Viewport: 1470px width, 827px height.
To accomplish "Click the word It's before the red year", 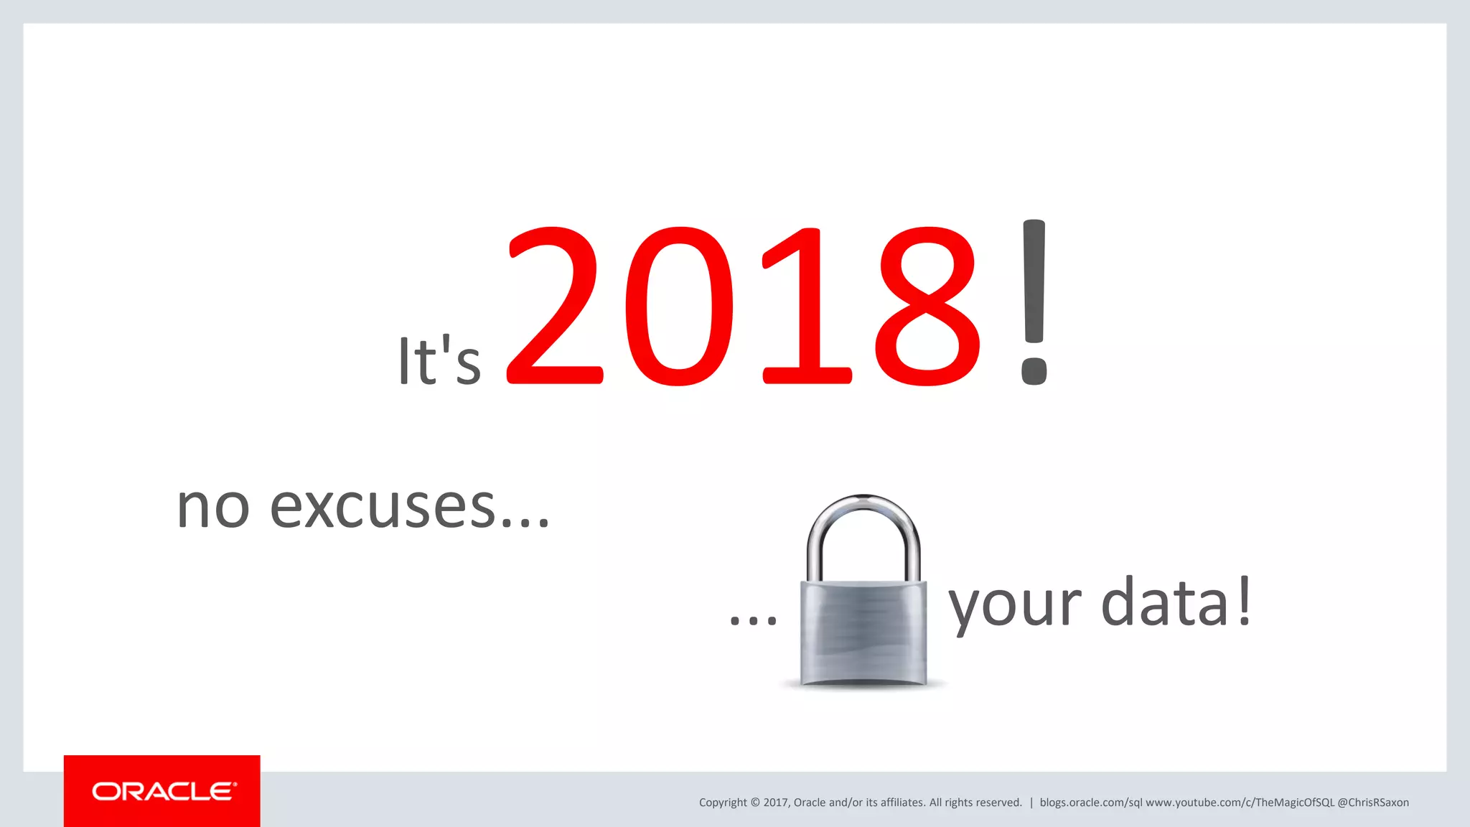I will click(439, 360).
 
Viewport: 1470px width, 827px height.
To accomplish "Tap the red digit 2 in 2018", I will click(554, 307).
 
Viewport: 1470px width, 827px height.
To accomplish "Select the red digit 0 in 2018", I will click(679, 307).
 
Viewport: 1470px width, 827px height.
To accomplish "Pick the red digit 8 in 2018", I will click(927, 307).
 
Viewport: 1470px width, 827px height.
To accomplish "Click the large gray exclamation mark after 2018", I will click(1034, 302).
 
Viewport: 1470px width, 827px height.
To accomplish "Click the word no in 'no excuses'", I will click(213, 507).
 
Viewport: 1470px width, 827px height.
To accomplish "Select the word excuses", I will click(383, 507).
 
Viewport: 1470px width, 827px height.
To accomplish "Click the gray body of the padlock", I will click(863, 632).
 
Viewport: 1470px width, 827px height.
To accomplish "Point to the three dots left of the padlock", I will click(753, 620).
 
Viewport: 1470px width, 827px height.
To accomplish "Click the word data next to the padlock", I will click(1165, 603).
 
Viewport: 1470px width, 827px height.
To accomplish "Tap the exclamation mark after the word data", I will click(1245, 602).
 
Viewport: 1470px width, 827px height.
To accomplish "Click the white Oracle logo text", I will click(164, 791).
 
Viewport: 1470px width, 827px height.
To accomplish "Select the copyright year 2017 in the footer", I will click(776, 803).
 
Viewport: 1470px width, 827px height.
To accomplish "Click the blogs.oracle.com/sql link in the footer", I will click(1090, 803).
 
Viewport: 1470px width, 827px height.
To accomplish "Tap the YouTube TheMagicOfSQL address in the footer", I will click(1240, 803).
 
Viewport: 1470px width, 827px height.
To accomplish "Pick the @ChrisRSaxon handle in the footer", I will click(1373, 803).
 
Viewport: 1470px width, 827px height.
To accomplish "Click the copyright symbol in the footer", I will click(755, 803).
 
